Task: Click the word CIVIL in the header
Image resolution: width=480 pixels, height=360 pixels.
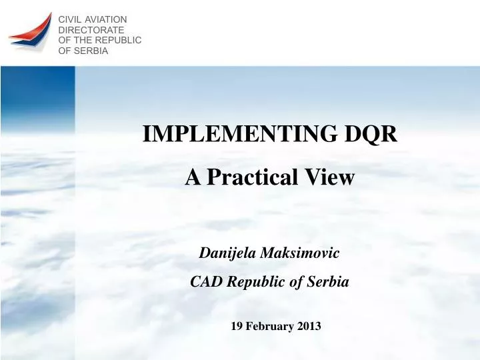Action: coord(70,20)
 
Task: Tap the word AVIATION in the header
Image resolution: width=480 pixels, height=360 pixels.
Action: coord(105,20)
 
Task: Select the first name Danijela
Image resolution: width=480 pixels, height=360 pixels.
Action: coord(229,253)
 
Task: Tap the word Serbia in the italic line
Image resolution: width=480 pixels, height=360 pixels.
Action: coord(328,282)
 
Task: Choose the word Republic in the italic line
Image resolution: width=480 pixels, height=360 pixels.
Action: coord(256,282)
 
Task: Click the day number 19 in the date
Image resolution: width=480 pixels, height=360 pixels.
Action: coord(237,326)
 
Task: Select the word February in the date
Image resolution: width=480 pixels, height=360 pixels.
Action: coord(269,326)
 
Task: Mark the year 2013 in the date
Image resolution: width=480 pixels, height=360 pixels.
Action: coord(309,326)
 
